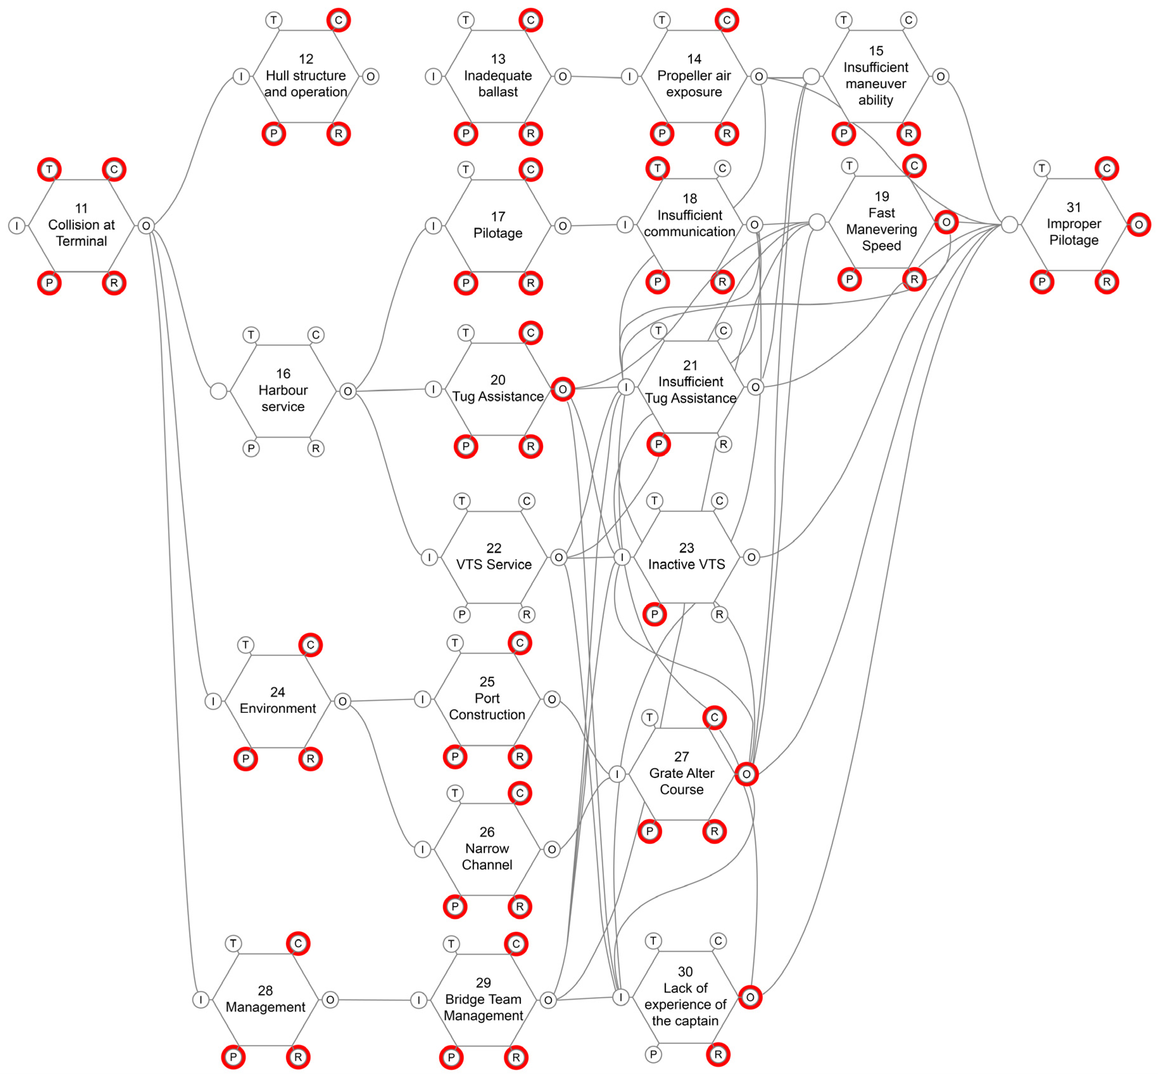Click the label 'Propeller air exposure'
coord(694,83)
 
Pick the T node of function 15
coord(844,20)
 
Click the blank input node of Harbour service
coord(218,391)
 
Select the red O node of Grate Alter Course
coord(746,774)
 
